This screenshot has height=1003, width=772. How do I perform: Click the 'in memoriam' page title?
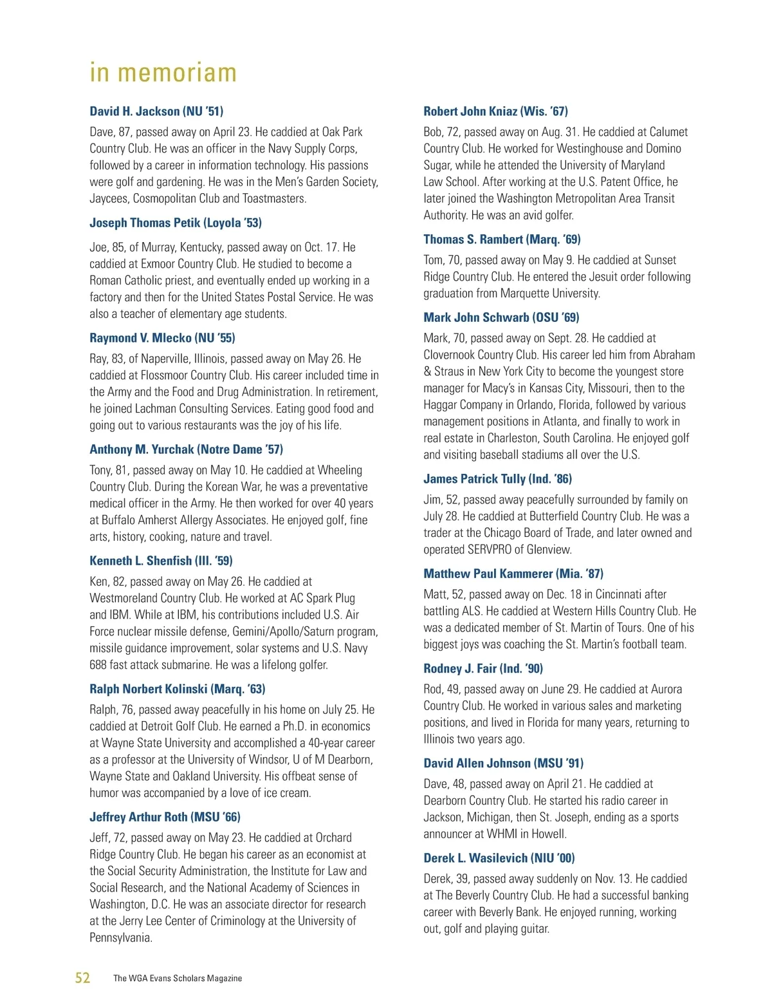[163, 73]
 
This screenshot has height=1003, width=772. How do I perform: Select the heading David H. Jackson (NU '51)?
[156, 111]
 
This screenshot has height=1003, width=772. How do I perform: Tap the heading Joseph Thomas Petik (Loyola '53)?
[176, 223]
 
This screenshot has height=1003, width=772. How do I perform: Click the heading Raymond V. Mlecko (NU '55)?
[162, 338]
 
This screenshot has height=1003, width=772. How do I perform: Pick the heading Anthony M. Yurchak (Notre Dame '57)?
[186, 449]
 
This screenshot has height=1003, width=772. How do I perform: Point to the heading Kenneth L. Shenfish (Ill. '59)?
[161, 561]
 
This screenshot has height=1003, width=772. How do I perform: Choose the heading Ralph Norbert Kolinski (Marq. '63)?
[177, 689]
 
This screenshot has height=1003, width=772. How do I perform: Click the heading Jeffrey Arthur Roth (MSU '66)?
[165, 817]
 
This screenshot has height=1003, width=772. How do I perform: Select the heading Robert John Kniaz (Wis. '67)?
[495, 111]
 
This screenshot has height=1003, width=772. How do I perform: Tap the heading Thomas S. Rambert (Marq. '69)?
[502, 239]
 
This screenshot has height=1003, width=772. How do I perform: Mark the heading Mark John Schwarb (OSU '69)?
[501, 317]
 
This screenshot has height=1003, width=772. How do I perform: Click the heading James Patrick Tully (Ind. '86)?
[497, 479]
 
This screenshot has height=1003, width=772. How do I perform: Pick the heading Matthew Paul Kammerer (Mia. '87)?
[513, 574]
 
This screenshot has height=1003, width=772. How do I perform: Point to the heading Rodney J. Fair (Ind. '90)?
[483, 668]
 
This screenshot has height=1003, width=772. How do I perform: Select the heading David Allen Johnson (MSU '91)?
[503, 764]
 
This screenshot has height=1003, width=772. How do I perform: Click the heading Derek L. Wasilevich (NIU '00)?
[499, 858]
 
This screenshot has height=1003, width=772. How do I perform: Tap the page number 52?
[82, 978]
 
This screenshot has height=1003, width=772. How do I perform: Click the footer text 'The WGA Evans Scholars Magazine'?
[178, 979]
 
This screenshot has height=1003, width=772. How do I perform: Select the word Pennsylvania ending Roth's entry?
[120, 938]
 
